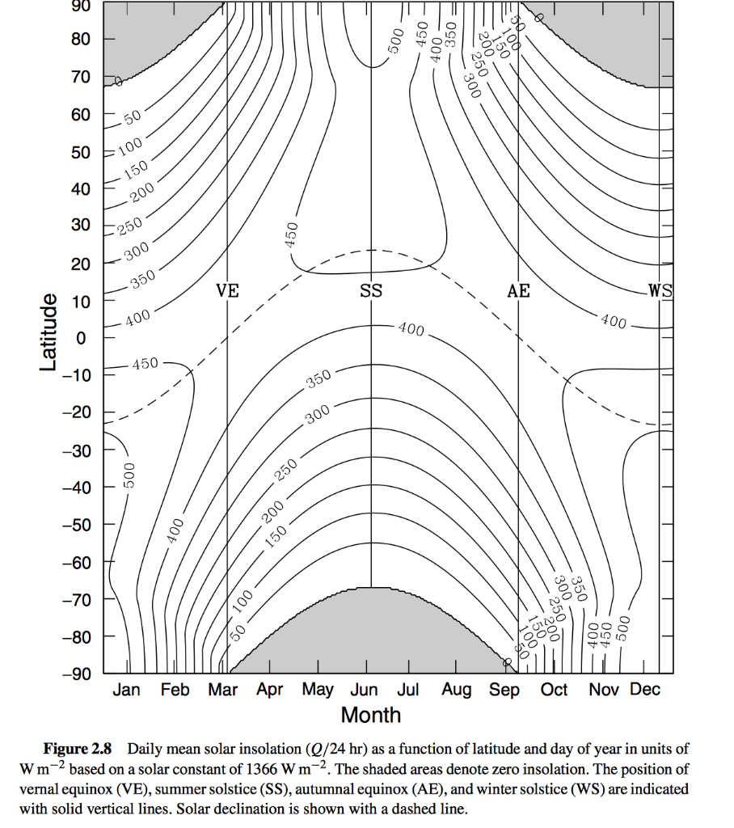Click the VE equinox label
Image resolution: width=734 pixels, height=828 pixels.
point(228,290)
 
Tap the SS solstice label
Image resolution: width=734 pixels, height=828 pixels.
point(371,290)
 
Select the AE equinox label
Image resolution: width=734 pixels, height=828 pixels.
point(518,290)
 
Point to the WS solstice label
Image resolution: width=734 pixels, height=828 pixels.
point(660,290)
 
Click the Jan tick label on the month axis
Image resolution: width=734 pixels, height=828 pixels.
point(125,690)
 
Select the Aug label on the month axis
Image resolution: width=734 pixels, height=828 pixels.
point(456,690)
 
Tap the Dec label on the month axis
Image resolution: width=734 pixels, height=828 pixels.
point(645,690)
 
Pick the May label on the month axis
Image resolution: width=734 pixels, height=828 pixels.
point(318,690)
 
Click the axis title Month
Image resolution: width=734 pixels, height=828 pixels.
point(371,715)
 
